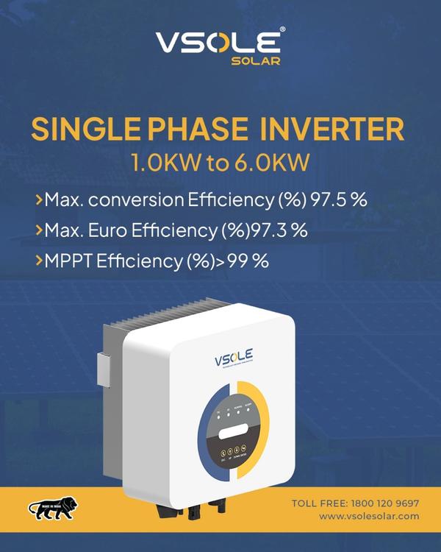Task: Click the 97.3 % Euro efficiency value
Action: pos(280,230)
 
